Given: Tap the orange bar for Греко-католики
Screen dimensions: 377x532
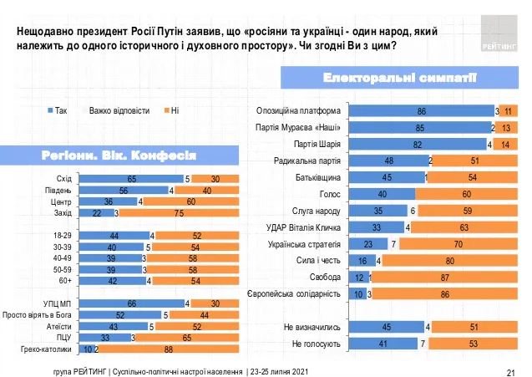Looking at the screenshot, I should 170,349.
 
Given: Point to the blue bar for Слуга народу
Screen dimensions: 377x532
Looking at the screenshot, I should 377,210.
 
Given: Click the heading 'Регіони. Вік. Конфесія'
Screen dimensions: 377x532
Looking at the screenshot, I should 119,155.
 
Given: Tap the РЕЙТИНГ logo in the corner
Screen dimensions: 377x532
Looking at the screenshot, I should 499,36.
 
